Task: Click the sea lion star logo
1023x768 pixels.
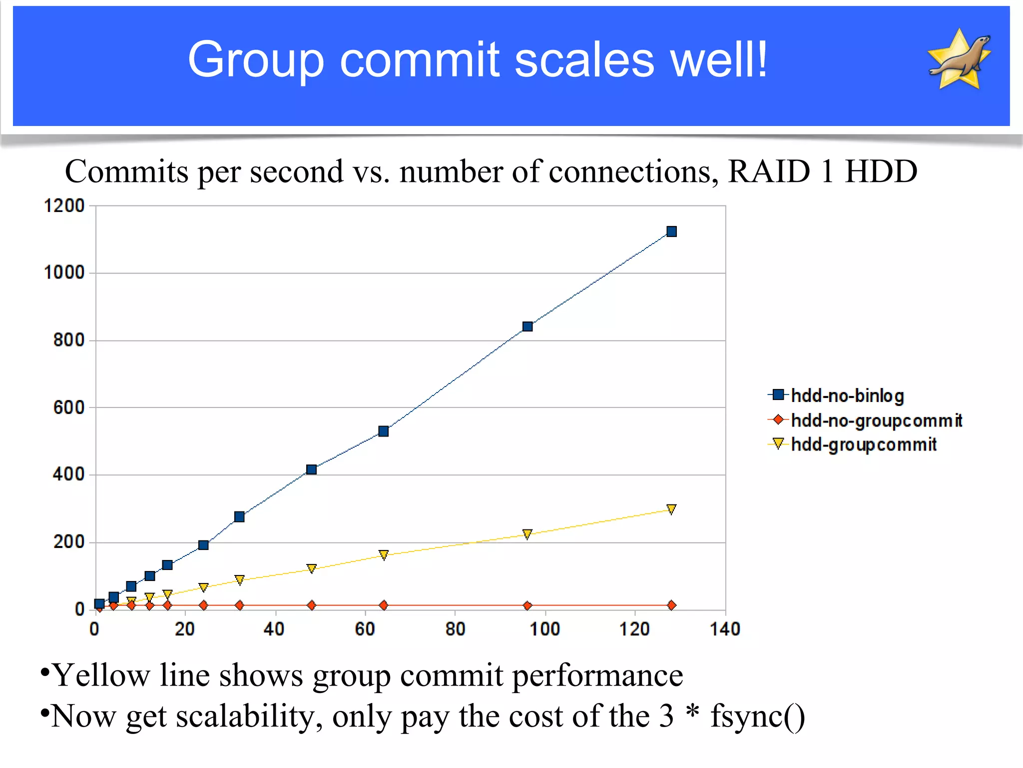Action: click(x=959, y=60)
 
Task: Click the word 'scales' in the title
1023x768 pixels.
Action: click(x=584, y=60)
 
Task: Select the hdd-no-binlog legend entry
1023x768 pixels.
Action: click(x=847, y=395)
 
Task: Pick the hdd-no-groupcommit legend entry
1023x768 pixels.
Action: click(x=876, y=420)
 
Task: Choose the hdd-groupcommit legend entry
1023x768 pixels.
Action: click(x=864, y=444)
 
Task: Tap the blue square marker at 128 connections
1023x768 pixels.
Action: click(x=671, y=231)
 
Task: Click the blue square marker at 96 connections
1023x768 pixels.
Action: click(x=527, y=326)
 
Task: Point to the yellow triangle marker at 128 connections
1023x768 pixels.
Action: click(x=671, y=509)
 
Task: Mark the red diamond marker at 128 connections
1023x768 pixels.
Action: click(x=671, y=605)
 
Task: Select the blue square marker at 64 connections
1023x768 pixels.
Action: click(x=384, y=431)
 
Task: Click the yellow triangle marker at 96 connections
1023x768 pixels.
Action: click(x=527, y=534)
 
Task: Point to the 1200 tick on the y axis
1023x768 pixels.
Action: click(x=64, y=205)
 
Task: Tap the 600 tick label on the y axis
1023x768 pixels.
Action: click(x=69, y=407)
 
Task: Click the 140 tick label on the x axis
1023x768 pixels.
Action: click(x=725, y=629)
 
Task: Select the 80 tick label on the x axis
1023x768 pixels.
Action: click(x=455, y=629)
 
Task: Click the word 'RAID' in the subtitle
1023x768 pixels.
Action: click(x=769, y=171)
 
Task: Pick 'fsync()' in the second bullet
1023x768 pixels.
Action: click(x=757, y=716)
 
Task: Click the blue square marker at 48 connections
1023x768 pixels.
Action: click(x=311, y=469)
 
